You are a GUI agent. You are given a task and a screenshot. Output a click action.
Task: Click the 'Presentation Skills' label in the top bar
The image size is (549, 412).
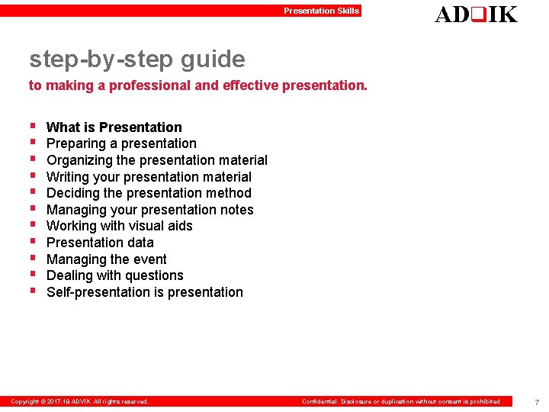pyautogui.click(x=321, y=11)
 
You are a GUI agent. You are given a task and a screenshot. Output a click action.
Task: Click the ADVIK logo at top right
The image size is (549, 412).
pyautogui.click(x=476, y=14)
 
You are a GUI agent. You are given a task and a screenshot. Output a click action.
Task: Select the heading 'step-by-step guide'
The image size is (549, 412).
pyautogui.click(x=137, y=59)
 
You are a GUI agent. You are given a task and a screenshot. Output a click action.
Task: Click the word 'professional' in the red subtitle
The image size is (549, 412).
pyautogui.click(x=149, y=85)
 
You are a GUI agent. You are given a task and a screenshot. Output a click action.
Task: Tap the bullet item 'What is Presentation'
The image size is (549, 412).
pyautogui.click(x=114, y=127)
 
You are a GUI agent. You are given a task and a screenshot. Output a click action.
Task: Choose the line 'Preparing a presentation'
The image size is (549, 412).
pyautogui.click(x=121, y=143)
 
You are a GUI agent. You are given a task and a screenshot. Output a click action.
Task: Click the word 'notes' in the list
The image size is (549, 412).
pyautogui.click(x=237, y=210)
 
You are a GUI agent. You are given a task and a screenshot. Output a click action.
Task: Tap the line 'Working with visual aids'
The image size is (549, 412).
pyautogui.click(x=120, y=226)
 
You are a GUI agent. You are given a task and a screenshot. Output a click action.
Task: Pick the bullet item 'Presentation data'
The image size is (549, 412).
pyautogui.click(x=100, y=243)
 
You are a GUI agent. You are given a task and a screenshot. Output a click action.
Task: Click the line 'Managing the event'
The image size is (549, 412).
pyautogui.click(x=107, y=259)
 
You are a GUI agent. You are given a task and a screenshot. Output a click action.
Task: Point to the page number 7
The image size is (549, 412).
pyautogui.click(x=536, y=402)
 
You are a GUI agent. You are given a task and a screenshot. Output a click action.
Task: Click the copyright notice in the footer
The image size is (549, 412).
pyautogui.click(x=79, y=401)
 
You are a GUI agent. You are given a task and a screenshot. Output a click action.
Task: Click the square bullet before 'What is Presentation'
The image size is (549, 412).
pyautogui.click(x=33, y=127)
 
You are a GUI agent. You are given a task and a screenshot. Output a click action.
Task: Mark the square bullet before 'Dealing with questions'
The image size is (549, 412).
pyautogui.click(x=33, y=275)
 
